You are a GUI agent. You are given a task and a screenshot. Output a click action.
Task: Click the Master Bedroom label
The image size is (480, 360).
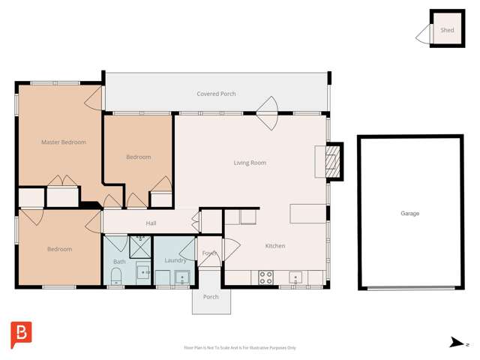pos(63,142)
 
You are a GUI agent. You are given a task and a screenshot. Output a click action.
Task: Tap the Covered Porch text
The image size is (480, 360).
pos(216,94)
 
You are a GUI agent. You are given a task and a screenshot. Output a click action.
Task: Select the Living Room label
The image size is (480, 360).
pos(250,163)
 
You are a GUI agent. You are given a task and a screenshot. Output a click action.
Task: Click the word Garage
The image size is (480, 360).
pos(409,214)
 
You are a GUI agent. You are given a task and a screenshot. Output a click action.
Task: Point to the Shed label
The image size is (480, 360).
pos(447,31)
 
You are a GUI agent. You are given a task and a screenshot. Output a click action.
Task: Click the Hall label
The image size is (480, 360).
pos(151,223)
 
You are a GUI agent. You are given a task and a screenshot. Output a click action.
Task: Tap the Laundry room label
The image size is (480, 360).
pos(175,260)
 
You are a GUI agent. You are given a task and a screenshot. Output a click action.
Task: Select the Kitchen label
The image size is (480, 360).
pos(275,246)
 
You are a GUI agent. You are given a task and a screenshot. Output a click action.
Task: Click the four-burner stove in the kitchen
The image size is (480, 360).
pos(265,277)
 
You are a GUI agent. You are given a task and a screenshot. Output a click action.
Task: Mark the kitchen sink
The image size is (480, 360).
pos(295,277)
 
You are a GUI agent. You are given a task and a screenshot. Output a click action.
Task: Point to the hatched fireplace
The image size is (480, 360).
pos(334,160)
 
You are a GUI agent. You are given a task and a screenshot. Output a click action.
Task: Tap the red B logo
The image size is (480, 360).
pos(21,334)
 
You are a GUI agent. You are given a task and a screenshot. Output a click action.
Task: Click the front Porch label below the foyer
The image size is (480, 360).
pos(211,297)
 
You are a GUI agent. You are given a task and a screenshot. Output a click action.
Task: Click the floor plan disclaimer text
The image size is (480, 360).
pos(240,347)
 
